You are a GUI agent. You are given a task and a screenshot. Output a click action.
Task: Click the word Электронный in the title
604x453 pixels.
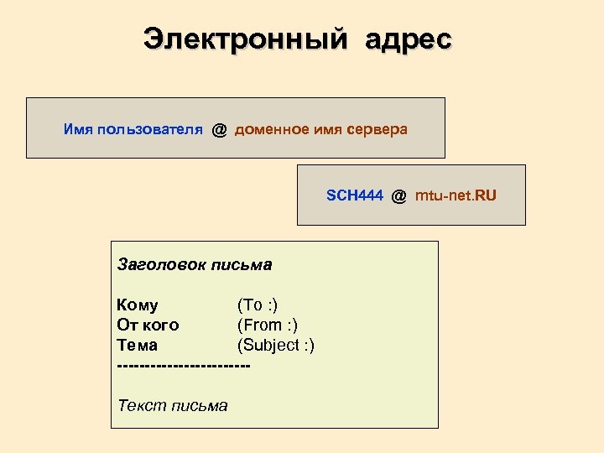click(x=244, y=39)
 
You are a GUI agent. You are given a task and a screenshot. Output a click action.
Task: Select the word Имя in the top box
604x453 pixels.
click(x=78, y=129)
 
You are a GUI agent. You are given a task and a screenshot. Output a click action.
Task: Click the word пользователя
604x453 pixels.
click(x=149, y=129)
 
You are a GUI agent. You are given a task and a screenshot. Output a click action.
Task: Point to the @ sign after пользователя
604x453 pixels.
click(x=219, y=129)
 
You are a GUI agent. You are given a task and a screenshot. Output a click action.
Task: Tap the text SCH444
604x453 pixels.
click(x=355, y=196)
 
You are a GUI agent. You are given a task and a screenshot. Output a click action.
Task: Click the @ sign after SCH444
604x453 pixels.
click(x=398, y=196)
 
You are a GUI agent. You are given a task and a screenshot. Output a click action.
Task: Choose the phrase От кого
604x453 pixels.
click(x=148, y=325)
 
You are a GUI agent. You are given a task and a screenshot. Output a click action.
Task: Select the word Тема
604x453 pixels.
click(x=138, y=346)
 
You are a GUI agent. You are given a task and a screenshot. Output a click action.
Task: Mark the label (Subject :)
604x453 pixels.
click(x=277, y=346)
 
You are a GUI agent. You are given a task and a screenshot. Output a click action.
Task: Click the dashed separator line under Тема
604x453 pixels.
click(x=184, y=366)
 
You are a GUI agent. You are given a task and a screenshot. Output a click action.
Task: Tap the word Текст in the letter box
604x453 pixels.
click(x=142, y=406)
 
